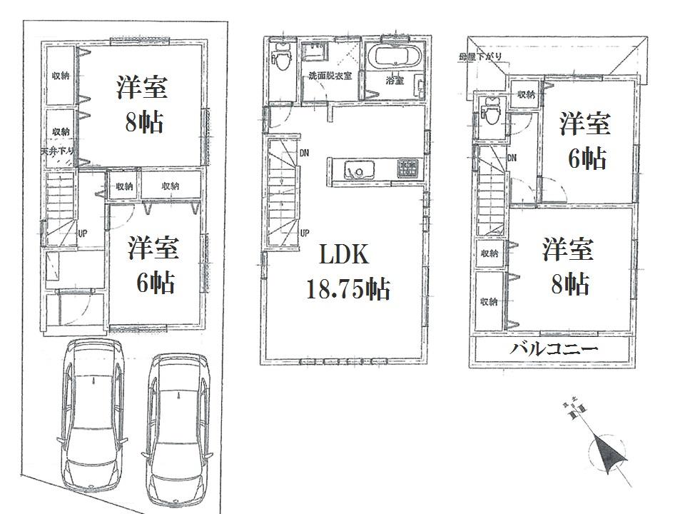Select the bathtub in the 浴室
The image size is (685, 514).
394,56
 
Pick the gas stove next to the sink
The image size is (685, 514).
407,168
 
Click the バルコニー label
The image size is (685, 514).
554,350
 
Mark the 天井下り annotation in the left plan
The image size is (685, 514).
57,151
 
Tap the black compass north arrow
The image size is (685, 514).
606,453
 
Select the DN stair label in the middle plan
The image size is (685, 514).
305,152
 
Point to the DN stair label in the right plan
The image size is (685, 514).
512,158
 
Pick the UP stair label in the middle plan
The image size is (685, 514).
305,232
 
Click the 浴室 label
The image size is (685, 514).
394,81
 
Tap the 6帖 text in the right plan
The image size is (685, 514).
587,158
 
